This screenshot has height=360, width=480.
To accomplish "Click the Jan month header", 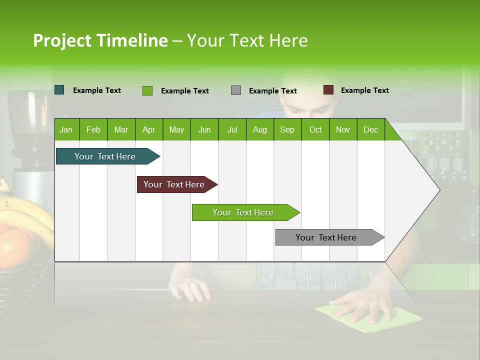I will point(66,129).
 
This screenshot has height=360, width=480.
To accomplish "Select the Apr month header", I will point(149,129).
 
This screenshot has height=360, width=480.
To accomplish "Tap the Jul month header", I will point(232,129).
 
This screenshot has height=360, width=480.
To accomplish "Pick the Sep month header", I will point(287,129).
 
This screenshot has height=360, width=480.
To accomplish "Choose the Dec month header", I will point(370,129).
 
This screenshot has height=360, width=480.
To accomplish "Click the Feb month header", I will point(93,129).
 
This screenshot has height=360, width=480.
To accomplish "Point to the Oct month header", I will point(315,129).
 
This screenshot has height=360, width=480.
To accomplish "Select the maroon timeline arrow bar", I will point(174,184).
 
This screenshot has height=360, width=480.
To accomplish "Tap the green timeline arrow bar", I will point(243,212).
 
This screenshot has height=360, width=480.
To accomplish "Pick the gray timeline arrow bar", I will point(326,237).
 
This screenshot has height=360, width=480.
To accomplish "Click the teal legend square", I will point(59,90).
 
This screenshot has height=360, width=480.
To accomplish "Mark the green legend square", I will point(147,90).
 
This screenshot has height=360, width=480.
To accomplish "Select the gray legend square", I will point(236,90).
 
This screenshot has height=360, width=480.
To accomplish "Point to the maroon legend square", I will point(328,90).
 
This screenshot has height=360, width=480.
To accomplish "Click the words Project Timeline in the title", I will point(100,40).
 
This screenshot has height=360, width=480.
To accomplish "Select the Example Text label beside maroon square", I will point(364,90).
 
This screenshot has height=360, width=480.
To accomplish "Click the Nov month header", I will point(343,129).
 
